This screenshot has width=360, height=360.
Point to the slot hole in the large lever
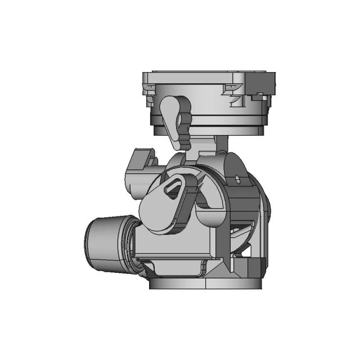(x=175, y=188)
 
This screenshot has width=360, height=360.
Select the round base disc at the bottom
(x=206, y=283)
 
